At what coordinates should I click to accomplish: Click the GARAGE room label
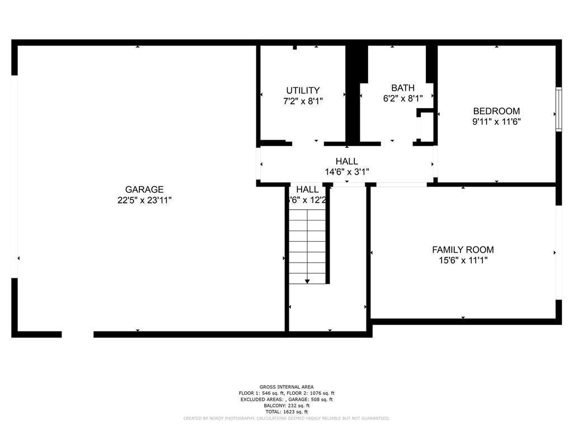(x=144, y=190)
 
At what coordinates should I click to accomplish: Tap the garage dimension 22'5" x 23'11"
(x=144, y=200)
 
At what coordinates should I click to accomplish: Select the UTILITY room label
(x=303, y=91)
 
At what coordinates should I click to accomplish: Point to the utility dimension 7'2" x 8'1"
(x=303, y=101)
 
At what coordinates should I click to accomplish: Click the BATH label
(x=403, y=88)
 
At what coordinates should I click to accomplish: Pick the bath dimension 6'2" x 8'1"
(x=403, y=99)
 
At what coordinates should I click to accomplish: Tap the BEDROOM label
(x=496, y=111)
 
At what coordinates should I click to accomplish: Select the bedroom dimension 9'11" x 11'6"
(x=496, y=121)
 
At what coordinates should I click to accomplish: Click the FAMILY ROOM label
(x=463, y=250)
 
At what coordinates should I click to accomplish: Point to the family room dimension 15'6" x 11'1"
(x=463, y=260)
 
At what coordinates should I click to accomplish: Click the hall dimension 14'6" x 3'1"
(x=347, y=172)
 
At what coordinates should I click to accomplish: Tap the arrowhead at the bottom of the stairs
(x=307, y=281)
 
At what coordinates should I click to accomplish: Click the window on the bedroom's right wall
(x=558, y=109)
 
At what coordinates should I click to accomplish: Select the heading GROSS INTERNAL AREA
(x=286, y=387)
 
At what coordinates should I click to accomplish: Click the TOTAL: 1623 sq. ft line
(x=286, y=412)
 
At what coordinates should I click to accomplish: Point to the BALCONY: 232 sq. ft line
(x=286, y=405)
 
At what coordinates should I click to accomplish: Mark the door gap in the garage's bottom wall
(x=77, y=334)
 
